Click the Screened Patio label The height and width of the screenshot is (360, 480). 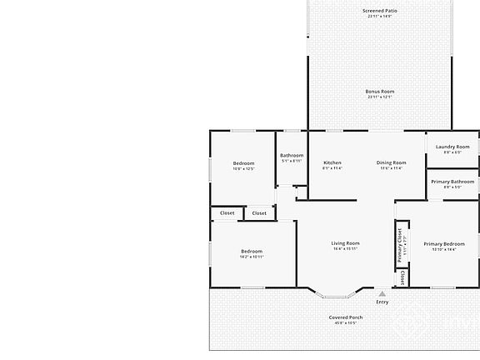(379, 11)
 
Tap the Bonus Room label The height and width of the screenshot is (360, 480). (379, 91)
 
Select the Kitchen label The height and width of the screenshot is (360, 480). (332, 162)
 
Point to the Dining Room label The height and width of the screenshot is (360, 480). (391, 162)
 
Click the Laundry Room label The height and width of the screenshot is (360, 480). (452, 147)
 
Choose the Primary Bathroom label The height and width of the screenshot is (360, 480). (452, 182)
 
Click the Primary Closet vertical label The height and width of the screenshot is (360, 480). (399, 243)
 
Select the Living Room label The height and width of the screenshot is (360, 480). (345, 243)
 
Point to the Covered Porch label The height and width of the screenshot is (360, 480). (345, 317)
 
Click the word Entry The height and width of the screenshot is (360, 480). (382, 302)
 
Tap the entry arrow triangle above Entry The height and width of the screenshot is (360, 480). (382, 293)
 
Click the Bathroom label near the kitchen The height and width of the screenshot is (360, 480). (292, 155)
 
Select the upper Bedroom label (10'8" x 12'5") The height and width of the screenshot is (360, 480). (242, 162)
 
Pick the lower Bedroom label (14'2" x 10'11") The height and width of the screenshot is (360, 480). (252, 251)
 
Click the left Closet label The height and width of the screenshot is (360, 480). (227, 212)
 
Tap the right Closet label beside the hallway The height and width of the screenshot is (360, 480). (259, 212)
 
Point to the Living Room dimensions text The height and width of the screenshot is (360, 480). (345, 248)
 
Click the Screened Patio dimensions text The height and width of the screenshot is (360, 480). (379, 17)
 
